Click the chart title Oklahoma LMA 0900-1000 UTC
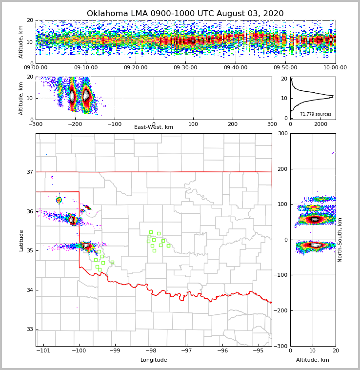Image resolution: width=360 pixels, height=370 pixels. click(185, 14)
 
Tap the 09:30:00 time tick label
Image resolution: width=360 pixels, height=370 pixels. click(185, 68)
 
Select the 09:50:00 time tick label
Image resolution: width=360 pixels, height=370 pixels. click(285, 68)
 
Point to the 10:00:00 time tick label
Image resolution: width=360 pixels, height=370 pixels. click(335, 68)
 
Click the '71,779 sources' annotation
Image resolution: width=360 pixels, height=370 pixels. click(316, 114)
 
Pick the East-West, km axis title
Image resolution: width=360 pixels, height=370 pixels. click(154, 127)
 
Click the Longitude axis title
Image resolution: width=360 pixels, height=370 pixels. click(154, 360)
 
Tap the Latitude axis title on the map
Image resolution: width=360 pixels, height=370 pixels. click(21, 240)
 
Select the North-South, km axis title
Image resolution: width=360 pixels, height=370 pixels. click(340, 240)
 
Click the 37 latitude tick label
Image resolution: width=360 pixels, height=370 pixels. click(30, 172)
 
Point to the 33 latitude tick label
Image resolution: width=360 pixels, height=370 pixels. click(30, 329)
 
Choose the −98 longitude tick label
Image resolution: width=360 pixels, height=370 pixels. click(151, 351)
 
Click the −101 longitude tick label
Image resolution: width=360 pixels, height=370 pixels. click(44, 351)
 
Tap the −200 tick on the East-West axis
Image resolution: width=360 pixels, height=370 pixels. click(75, 124)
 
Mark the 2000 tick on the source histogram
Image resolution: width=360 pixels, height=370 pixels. click(320, 124)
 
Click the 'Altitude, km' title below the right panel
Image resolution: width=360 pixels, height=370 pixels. click(313, 360)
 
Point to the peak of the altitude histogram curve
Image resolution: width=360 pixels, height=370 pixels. click(333, 96)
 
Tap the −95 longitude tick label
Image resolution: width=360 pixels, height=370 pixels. click(258, 351)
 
